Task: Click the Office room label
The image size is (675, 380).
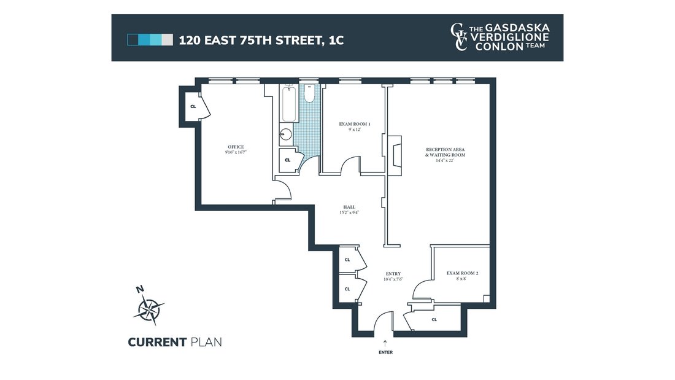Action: point(236,147)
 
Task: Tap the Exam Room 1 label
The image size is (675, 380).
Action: point(354,124)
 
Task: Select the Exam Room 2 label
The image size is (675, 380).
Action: point(462,273)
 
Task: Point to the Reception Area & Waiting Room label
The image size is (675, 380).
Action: point(445,152)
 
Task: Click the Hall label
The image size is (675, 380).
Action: point(349,207)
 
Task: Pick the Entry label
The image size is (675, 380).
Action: point(393,274)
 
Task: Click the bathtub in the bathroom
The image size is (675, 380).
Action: point(289,103)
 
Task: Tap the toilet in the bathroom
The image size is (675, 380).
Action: point(309,93)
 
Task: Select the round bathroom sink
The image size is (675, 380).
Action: point(285,134)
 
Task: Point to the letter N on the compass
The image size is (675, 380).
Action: point(140,290)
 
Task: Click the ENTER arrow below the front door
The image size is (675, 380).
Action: point(385,343)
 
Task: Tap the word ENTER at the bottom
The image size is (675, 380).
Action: point(385,352)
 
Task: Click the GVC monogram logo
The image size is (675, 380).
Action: point(459,37)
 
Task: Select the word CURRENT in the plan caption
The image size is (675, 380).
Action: point(156,343)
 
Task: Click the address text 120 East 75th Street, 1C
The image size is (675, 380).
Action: point(261,40)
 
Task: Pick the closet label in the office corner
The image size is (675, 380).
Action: point(193,106)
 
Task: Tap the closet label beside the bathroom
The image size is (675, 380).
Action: point(288,160)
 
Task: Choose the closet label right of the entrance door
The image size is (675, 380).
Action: point(434,320)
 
